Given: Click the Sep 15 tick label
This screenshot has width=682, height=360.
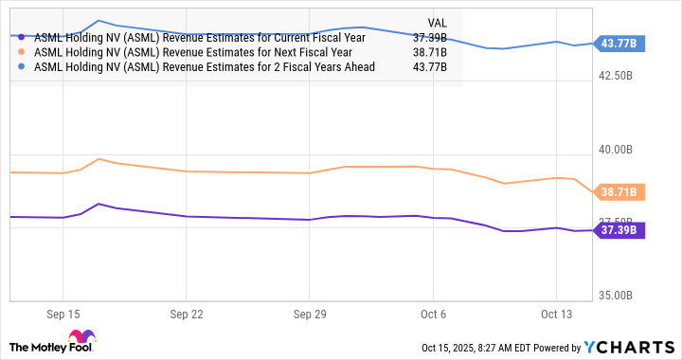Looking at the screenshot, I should [x=62, y=312].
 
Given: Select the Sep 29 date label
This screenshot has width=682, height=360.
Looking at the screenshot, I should [x=310, y=312].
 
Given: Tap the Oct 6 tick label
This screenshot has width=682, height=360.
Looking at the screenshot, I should [x=432, y=312].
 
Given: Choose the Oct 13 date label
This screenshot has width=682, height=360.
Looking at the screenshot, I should [x=557, y=312].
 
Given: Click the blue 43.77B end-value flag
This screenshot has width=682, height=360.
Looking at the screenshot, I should [x=619, y=43].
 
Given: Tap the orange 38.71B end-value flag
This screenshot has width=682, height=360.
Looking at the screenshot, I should [x=619, y=192].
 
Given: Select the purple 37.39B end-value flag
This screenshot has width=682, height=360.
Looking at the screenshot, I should [x=619, y=228].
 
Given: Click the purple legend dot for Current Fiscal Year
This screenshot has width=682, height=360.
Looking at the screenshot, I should [x=22, y=38].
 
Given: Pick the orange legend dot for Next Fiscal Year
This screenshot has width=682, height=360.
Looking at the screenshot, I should [x=22, y=52].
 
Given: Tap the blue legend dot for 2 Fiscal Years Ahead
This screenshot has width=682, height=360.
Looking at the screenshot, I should [x=22, y=66].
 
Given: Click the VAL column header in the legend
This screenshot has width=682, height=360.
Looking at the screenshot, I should [x=436, y=22].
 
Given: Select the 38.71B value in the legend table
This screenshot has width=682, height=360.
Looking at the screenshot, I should [x=431, y=52].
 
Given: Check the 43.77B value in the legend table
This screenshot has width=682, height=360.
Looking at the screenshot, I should [x=431, y=66].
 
